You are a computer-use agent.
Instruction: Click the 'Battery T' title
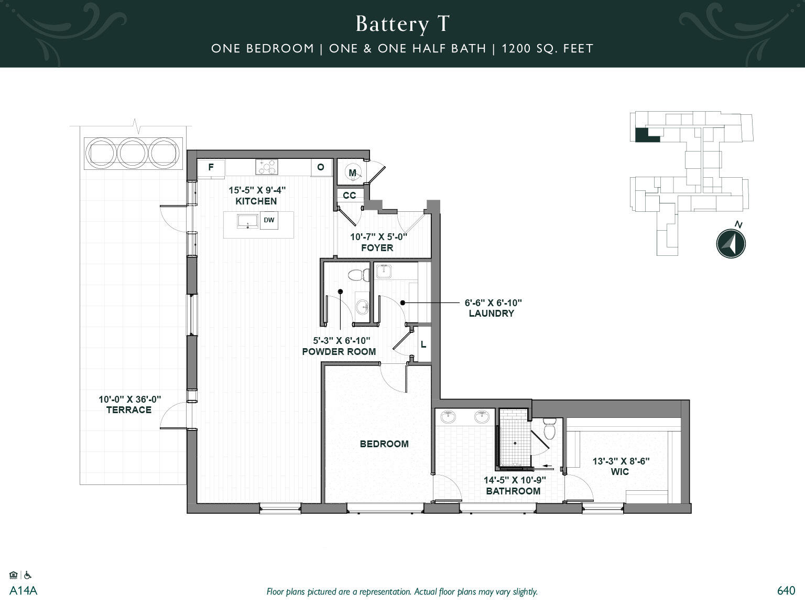point(402,24)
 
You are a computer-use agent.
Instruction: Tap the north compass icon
point(731,244)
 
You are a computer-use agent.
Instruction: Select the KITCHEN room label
point(256,201)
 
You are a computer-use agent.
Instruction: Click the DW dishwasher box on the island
point(269,221)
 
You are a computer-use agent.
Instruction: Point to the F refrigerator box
point(211,168)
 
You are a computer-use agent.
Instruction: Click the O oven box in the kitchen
point(321,167)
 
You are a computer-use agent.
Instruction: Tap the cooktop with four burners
point(267,167)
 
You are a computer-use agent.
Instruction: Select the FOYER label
point(377,248)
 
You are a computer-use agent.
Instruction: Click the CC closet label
point(350,196)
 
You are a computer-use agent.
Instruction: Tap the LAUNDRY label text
point(491,314)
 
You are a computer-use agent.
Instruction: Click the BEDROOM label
point(384,444)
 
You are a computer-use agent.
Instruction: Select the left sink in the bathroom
point(449,417)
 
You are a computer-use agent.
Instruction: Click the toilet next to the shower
point(549,429)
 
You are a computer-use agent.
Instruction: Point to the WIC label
point(619,472)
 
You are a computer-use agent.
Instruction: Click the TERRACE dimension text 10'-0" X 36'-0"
point(129,400)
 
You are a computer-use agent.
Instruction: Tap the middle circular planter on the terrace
point(133,153)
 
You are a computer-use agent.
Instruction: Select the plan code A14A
point(24,591)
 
